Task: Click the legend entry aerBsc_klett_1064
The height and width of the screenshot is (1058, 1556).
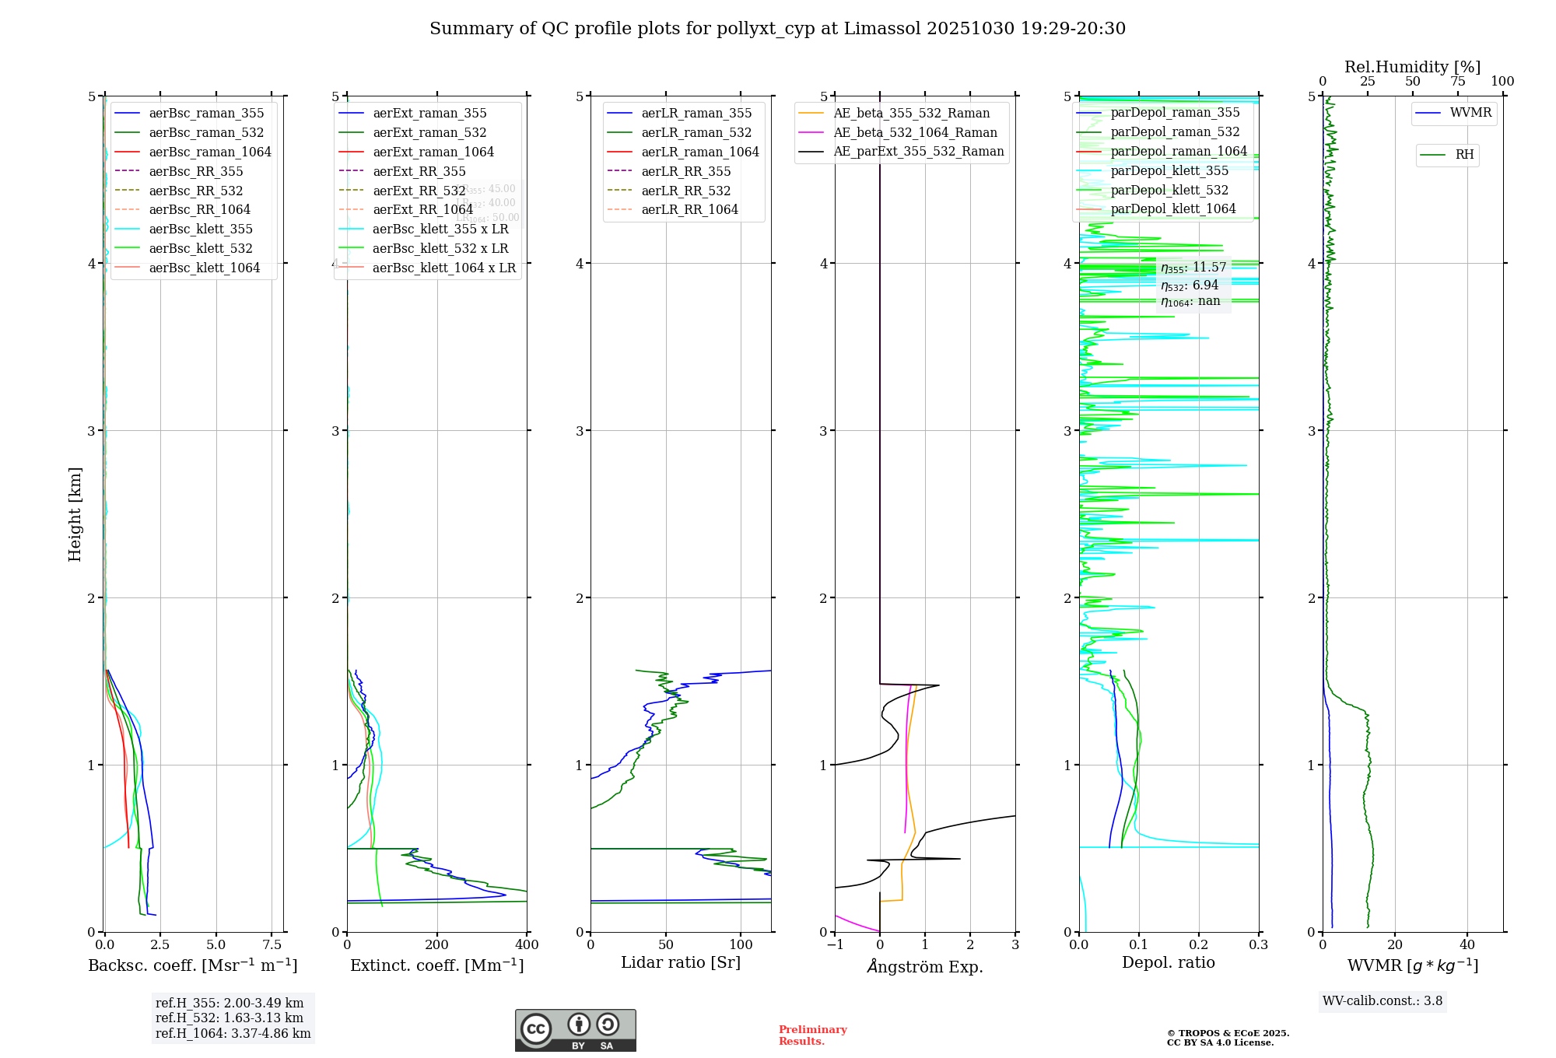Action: (204, 268)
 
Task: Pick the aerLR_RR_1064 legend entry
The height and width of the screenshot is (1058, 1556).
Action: (689, 209)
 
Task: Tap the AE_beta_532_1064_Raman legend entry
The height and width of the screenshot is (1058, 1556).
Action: (915, 132)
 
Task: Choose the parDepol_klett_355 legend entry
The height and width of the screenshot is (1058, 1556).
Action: (1169, 170)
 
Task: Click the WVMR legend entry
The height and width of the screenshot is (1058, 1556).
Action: (1470, 113)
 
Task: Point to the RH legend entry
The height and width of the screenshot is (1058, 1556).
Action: (1464, 155)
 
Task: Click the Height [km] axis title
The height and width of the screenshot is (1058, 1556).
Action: (75, 514)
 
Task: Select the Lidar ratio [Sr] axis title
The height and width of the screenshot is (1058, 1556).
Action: (681, 962)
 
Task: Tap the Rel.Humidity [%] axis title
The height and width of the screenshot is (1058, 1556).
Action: (1412, 67)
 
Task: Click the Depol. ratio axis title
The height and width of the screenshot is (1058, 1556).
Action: (1168, 962)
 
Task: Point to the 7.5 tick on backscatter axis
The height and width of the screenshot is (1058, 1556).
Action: (272, 944)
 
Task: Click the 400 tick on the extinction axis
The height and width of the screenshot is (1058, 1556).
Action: (527, 944)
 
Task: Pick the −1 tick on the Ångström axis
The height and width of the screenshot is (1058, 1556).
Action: (835, 944)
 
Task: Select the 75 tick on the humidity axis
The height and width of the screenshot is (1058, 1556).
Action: (1457, 81)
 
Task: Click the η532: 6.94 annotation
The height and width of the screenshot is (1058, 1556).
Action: (1190, 286)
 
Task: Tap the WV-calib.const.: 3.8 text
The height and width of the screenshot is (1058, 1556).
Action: (1383, 1000)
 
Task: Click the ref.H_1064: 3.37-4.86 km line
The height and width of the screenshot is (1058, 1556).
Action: (233, 1033)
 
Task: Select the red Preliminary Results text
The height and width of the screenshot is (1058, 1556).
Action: (812, 1035)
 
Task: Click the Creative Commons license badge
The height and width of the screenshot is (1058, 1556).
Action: (575, 1030)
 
